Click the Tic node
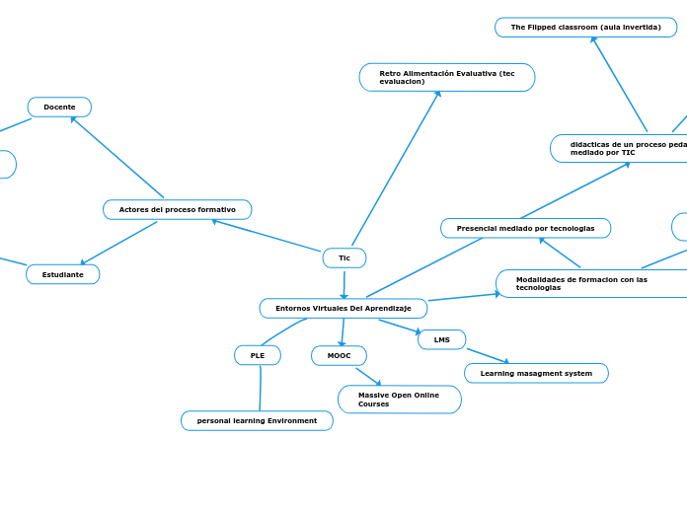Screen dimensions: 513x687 click(344, 257)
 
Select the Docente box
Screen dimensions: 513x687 click(59, 107)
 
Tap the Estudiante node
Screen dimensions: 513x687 click(63, 274)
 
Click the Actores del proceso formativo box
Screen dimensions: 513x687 click(178, 209)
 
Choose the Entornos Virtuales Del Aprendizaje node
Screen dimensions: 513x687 click(343, 308)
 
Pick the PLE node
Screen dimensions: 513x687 click(258, 355)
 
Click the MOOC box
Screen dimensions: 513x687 click(339, 355)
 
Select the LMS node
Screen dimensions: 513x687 click(442, 339)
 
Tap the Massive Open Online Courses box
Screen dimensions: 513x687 click(399, 400)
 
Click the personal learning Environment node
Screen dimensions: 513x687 click(257, 420)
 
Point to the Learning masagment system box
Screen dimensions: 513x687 click(536, 373)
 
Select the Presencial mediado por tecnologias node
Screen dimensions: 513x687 click(525, 228)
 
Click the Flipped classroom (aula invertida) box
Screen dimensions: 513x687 click(586, 27)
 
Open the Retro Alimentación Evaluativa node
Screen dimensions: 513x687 click(447, 77)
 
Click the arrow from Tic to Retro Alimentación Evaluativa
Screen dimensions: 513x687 click(395, 169)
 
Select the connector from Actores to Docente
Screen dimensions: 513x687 click(116, 157)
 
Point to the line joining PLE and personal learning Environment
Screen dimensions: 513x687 click(261, 388)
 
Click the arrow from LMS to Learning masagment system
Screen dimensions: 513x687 click(488, 355)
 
